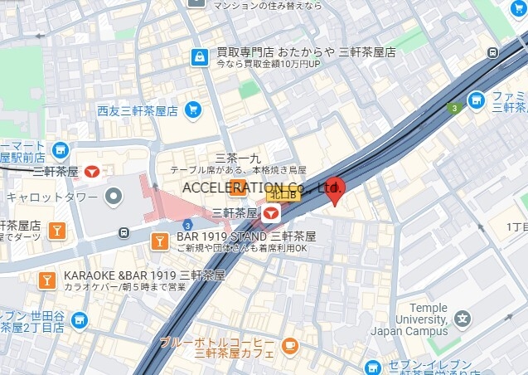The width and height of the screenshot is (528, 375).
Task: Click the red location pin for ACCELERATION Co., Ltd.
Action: coord(336,192)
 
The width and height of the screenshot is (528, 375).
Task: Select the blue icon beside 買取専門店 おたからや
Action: coord(199,57)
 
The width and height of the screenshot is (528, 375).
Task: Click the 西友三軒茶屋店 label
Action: coord(138,110)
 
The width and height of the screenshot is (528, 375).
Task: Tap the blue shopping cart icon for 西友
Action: coord(193,110)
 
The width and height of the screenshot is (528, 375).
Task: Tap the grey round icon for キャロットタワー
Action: coord(114,197)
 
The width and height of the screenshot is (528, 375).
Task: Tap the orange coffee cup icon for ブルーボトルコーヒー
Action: coord(289,344)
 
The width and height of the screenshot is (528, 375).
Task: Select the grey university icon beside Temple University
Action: coord(463,319)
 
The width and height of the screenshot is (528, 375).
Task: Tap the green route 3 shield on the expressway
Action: coord(453,108)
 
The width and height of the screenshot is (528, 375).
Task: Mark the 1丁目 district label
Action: coord(516,226)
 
